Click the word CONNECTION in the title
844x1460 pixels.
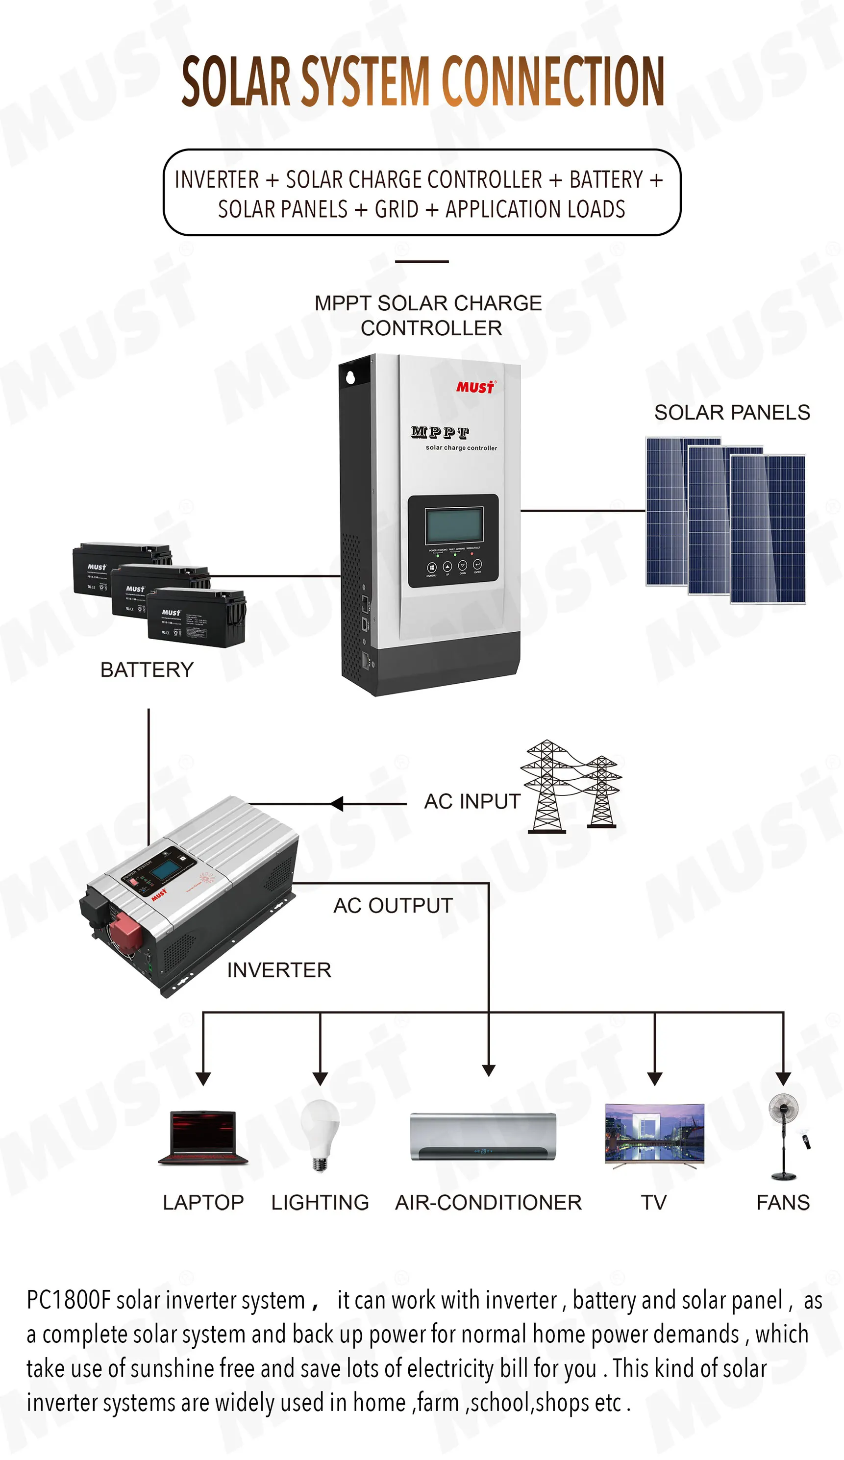[553, 82]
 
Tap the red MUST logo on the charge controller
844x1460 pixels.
[475, 387]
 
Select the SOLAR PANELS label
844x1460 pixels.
[732, 413]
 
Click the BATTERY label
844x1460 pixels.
[147, 670]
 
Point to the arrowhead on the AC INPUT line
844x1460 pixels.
[337, 804]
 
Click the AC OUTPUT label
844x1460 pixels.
[393, 906]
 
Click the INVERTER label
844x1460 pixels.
[278, 970]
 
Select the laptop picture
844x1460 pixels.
[203, 1137]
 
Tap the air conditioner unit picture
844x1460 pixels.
[483, 1136]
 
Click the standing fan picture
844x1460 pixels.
[784, 1136]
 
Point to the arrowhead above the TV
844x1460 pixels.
[655, 1078]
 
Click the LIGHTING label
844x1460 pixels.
[320, 1203]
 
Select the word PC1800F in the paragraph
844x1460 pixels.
[68, 1301]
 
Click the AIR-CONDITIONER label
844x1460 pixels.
[488, 1203]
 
